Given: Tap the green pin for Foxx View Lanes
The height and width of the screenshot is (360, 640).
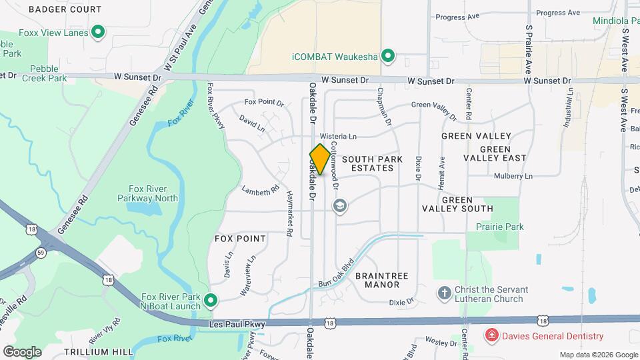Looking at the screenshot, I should coord(99,31).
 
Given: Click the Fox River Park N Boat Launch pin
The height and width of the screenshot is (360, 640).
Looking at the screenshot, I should coord(211,301).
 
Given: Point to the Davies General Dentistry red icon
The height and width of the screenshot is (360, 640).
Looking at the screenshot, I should coord(491,335).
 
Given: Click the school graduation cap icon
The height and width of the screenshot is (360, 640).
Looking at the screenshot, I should coord(341,206).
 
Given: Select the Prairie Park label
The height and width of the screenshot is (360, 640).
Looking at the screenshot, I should coord(499,227).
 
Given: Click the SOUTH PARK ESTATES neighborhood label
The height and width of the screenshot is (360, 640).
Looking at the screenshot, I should coord(367,163).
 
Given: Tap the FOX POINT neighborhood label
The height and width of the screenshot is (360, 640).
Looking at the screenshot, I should coord(240,238).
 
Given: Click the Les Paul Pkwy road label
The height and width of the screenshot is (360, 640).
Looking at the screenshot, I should coord(237,324).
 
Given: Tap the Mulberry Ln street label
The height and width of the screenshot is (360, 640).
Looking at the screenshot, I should coord(513,177).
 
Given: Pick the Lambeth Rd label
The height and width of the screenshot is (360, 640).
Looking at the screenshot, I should coord(260,191).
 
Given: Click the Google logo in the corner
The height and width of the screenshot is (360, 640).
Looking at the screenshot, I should coord(22,351).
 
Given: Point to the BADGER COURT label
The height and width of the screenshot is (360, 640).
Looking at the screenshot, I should coord(65,9).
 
